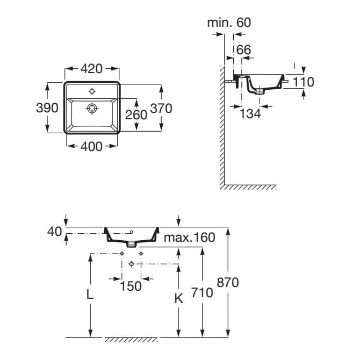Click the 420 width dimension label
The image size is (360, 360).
tap(92, 69)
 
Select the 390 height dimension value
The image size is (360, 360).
tap(47, 107)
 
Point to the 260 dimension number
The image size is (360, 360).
tap(136, 114)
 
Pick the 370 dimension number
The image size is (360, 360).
tap(161, 108)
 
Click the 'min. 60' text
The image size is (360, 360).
tap(229, 23)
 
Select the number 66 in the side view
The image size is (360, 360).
tap(243, 49)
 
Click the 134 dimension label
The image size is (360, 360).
tap(250, 113)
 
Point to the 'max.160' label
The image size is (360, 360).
tap(189, 237)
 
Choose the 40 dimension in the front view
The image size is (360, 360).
tap(55, 231)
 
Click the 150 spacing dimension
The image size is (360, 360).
tap(131, 286)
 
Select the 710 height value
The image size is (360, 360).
tap(202, 293)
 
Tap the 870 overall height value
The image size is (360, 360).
tap(228, 282)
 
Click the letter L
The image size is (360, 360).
tap(90, 294)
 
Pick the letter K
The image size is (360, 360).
tap(179, 299)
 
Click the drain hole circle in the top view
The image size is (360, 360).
tap(92, 109)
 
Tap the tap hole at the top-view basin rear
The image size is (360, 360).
tap(92, 91)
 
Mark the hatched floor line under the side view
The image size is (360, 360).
tap(248, 187)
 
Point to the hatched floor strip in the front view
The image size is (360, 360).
tap(131, 340)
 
